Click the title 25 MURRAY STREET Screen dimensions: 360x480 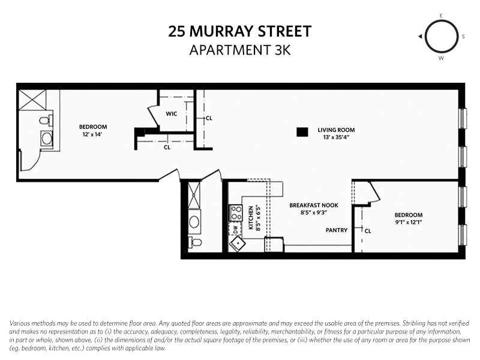coord(240,31)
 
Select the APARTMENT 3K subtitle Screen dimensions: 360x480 coord(240,50)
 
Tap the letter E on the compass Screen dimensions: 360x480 coord(441,16)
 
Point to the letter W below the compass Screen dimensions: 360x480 coord(441,58)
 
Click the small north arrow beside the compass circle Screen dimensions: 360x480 coord(421,37)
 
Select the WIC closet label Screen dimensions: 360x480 coord(172,113)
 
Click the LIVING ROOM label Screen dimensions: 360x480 coord(336,130)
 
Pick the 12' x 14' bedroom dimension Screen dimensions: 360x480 coord(93,134)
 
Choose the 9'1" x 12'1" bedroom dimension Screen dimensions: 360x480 coord(408,223)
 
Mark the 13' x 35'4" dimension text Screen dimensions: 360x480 coord(336,137)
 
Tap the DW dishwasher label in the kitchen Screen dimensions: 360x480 coord(236,229)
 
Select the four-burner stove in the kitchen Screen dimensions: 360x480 coord(236,212)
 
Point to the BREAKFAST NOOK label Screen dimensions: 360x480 coord(308,205)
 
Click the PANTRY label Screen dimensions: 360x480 coord(337,230)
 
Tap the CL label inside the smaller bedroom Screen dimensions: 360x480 coord(368,230)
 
